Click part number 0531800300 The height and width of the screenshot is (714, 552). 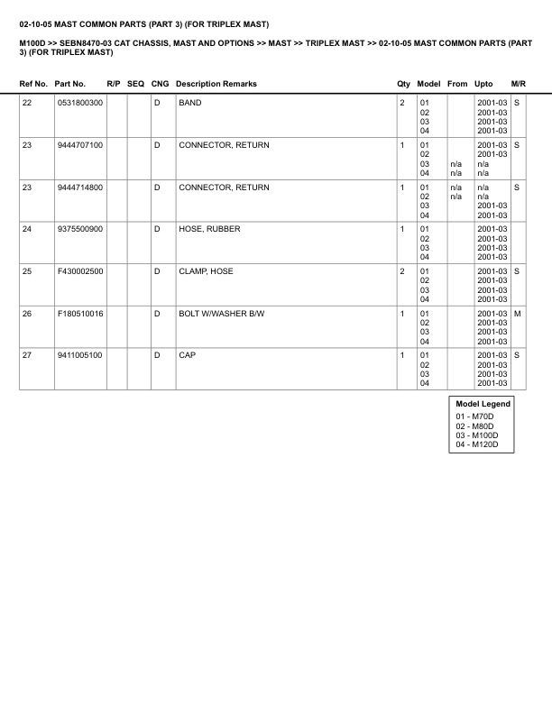(80, 103)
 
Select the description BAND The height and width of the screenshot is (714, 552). (190, 103)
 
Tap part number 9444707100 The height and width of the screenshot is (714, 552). (80, 145)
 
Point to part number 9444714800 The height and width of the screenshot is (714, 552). (80, 188)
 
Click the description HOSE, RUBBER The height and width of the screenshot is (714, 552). (209, 229)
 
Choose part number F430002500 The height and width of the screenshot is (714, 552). (80, 271)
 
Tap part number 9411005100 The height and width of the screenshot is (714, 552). (80, 355)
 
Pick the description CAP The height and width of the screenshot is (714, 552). (187, 355)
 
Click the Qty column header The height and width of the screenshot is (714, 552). (403, 84)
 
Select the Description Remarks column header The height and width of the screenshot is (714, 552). (216, 84)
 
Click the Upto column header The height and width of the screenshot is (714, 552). (484, 84)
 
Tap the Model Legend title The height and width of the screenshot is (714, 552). (483, 404)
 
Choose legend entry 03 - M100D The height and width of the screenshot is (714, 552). (477, 435)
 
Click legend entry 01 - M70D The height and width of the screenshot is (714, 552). (474, 416)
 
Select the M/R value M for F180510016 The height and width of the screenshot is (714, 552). (518, 314)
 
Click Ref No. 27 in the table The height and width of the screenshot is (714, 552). (27, 355)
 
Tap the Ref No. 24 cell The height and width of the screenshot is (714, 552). (27, 229)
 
